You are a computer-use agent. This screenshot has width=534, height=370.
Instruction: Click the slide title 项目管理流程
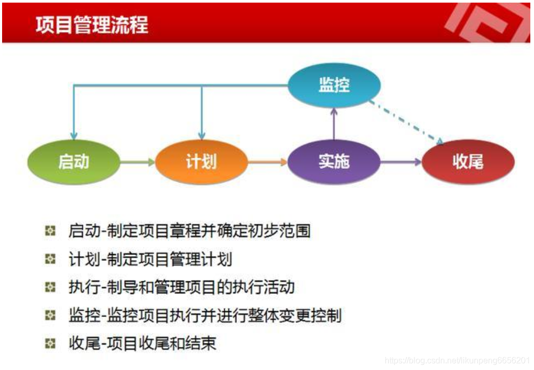click(x=92, y=25)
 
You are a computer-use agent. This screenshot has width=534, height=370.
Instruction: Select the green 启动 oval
click(x=74, y=162)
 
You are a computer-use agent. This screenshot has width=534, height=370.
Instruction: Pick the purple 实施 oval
click(x=334, y=162)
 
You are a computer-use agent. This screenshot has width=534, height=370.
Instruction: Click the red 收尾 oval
click(x=468, y=162)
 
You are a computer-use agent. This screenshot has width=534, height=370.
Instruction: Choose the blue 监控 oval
click(x=334, y=86)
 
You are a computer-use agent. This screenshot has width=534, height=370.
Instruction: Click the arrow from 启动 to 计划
click(x=137, y=162)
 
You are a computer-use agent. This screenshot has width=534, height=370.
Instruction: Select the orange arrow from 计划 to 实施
click(x=267, y=162)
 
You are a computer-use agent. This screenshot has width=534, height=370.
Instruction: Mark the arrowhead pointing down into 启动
click(x=74, y=136)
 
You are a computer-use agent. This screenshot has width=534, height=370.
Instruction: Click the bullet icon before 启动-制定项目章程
click(x=50, y=231)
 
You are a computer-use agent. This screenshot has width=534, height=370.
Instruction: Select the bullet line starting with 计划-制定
click(x=150, y=259)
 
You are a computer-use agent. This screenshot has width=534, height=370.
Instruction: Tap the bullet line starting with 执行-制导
click(x=181, y=287)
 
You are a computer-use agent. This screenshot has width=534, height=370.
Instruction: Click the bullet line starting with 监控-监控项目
click(x=205, y=315)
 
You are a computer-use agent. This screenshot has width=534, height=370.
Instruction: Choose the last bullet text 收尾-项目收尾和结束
click(x=142, y=344)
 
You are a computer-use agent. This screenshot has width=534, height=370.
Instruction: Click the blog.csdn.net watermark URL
click(x=456, y=361)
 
